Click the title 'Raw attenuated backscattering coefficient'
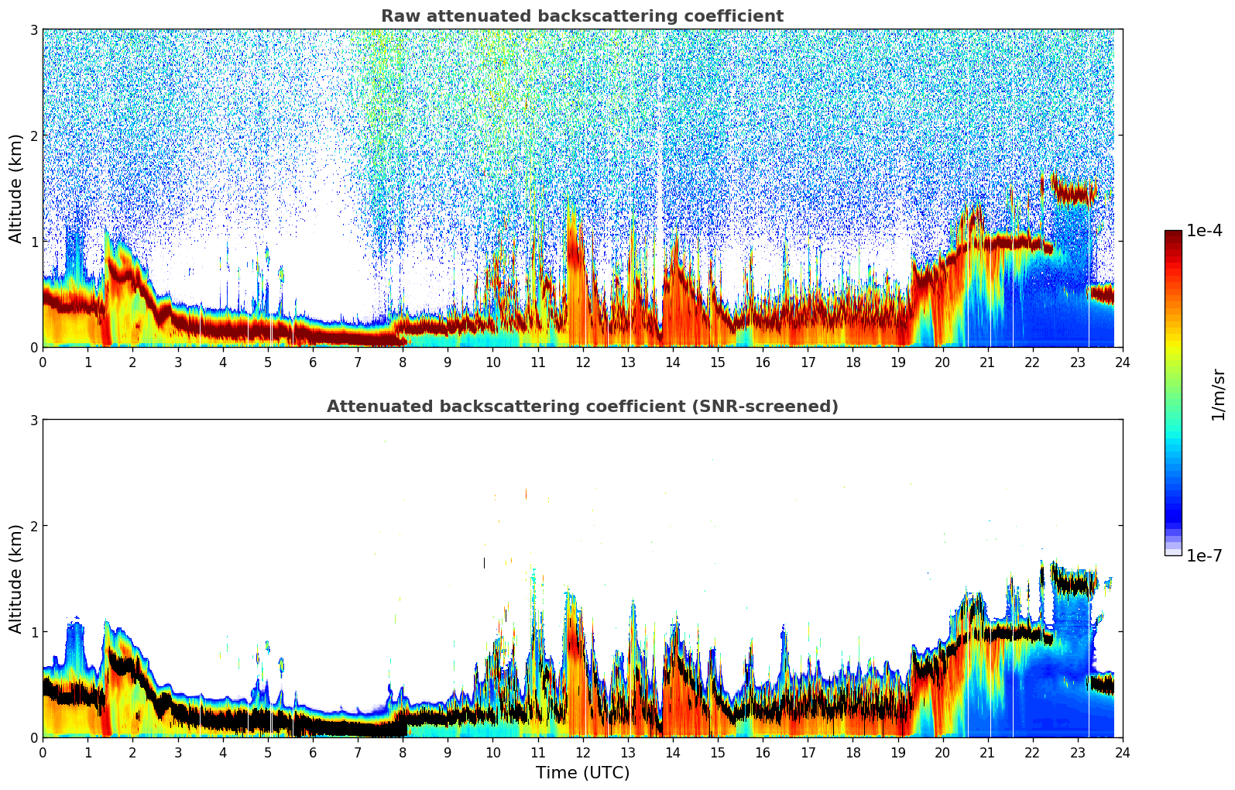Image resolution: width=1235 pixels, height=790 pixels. coord(581,16)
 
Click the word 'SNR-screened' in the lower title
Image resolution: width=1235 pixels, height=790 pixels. coord(777,407)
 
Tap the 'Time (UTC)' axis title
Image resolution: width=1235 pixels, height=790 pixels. coord(582,772)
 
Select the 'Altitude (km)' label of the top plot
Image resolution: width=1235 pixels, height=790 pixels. coord(15,188)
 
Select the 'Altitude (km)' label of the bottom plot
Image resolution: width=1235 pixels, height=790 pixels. coord(15,579)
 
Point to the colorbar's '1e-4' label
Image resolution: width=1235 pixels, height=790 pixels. coord(1204,231)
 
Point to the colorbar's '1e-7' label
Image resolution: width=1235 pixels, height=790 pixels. coord(1204,555)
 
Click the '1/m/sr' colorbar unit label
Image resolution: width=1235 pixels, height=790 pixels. coord(1218,394)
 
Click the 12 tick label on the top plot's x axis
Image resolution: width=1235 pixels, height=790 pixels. coord(582,362)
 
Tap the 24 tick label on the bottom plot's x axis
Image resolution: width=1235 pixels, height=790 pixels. coord(1122,752)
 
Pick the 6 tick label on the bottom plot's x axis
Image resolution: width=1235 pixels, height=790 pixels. coord(313,752)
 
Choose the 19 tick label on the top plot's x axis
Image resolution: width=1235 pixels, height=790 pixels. coord(897,362)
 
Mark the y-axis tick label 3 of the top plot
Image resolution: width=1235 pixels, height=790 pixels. coord(33,29)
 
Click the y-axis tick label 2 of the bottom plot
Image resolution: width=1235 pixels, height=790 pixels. coord(33,526)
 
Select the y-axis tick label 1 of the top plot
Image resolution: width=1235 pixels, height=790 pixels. coord(33,242)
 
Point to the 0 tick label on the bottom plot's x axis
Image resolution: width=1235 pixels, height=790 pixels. coord(43,752)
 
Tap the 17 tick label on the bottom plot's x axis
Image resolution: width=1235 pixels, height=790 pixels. coord(808,752)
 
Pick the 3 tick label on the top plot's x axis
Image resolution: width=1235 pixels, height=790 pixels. coord(177,362)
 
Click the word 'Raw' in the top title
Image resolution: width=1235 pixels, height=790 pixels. coord(396,16)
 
